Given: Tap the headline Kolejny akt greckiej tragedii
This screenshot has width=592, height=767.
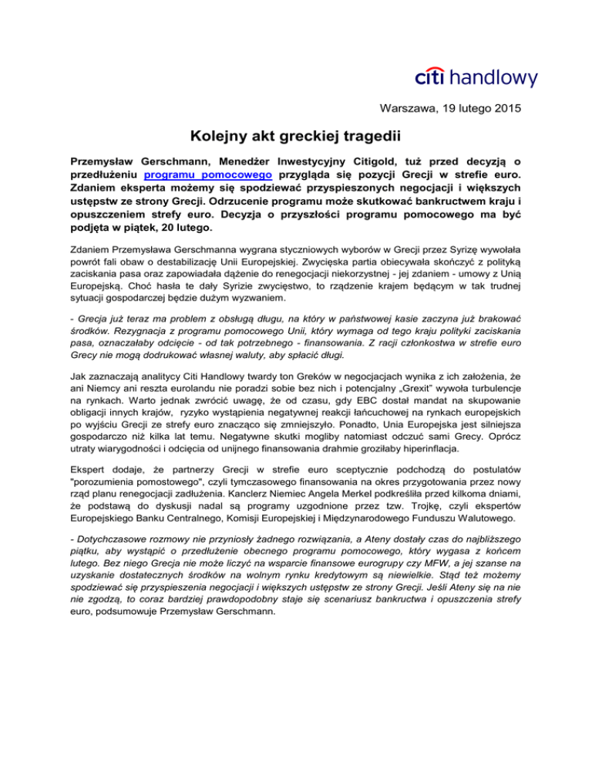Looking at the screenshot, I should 296,139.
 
